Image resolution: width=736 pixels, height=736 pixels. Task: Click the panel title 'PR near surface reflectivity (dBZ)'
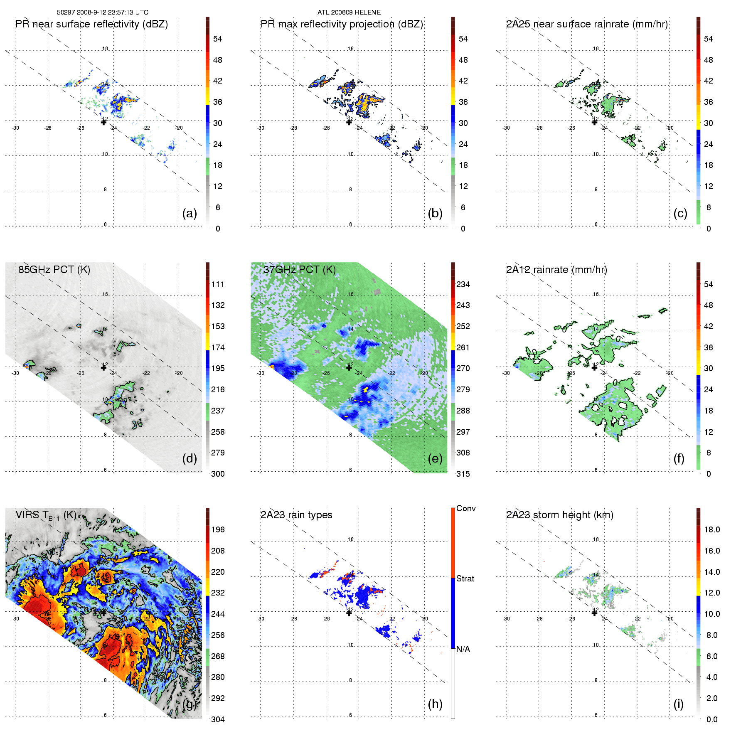coord(91,24)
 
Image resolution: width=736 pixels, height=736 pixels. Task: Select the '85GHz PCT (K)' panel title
coord(54,269)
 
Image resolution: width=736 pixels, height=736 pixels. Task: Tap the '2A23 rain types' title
coord(296,515)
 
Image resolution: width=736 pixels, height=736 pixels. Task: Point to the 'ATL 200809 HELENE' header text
coord(349,12)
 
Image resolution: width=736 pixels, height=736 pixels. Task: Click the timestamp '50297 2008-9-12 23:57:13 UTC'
coord(103,12)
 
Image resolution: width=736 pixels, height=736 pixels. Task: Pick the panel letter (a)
coord(190,213)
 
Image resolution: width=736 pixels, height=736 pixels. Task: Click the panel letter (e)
coord(435,458)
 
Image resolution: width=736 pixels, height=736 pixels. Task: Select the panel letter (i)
coord(678,704)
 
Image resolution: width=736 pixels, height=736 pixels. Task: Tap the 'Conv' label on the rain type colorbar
coord(466,508)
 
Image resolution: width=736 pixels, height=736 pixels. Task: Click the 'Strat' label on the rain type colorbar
coord(465,578)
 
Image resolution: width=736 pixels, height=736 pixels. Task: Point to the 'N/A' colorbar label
coord(463,649)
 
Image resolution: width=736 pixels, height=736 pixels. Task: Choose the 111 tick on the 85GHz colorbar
coord(218,284)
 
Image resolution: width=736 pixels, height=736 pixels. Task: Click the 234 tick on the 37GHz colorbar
coord(463,284)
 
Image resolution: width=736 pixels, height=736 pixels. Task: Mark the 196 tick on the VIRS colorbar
coord(218,529)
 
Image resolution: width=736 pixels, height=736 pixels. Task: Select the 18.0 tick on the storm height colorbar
coord(712,529)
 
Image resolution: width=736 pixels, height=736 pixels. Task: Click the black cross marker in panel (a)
coord(103,122)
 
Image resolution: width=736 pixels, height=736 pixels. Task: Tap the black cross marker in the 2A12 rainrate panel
coord(594,367)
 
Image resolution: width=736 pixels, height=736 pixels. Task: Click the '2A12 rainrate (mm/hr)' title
coord(556,269)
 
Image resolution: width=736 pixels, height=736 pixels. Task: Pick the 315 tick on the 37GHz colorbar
coord(463,474)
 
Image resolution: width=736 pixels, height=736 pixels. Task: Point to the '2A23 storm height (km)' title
coord(559,515)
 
